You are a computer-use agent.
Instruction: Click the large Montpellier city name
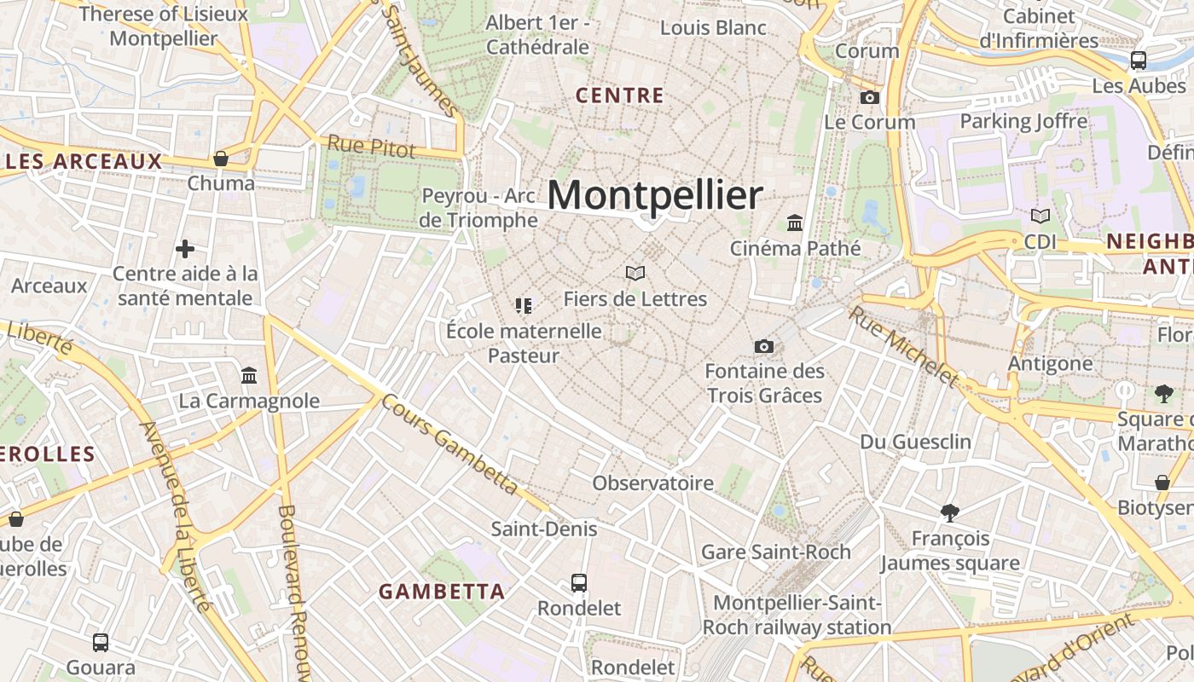(654, 195)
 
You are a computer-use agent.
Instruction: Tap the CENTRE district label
(620, 95)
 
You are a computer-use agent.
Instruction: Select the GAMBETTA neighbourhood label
(442, 591)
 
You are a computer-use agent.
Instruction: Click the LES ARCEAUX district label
(83, 161)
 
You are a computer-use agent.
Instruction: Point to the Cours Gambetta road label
(449, 443)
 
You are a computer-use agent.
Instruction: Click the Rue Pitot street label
(372, 147)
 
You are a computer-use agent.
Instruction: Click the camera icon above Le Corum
(870, 97)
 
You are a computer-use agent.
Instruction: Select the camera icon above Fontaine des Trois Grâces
(764, 346)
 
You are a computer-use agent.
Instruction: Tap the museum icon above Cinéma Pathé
(796, 223)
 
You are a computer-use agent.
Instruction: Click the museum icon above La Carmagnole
(249, 375)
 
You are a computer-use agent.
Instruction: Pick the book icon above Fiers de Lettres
(635, 273)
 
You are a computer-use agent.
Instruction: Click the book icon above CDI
(1040, 217)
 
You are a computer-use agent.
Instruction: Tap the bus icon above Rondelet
(579, 583)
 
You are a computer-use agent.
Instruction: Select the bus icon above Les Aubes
(1139, 60)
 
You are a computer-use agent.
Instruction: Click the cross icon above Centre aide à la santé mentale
(185, 249)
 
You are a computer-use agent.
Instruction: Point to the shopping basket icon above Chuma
(221, 159)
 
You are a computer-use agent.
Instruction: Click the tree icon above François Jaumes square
(950, 512)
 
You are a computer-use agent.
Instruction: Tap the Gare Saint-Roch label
(775, 552)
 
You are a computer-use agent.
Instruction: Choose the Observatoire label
(652, 483)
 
